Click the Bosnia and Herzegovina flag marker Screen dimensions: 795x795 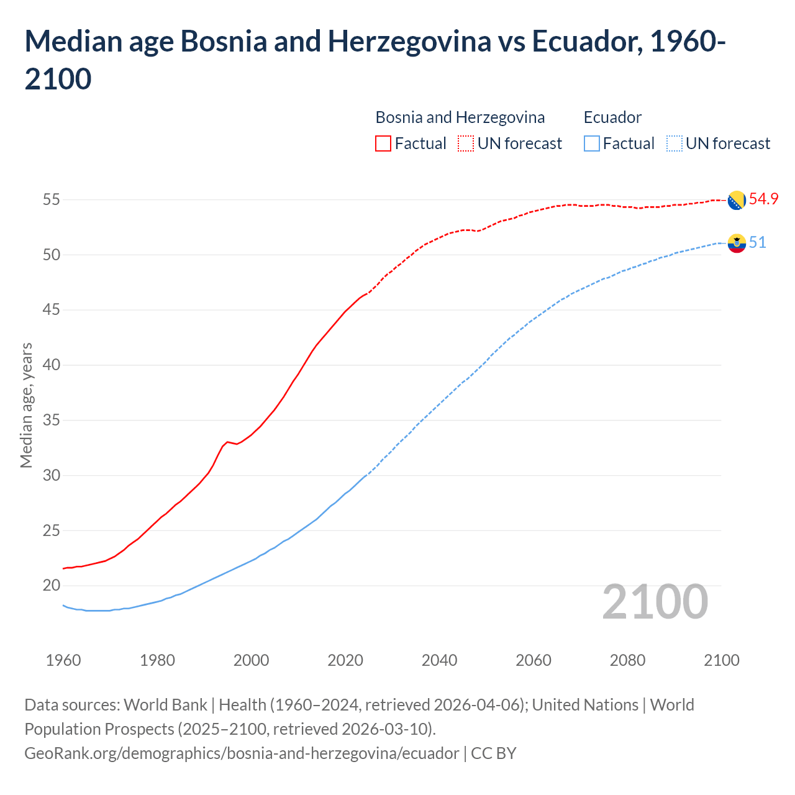(x=737, y=200)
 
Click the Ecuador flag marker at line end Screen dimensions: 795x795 (x=737, y=243)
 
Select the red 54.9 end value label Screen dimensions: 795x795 (x=763, y=199)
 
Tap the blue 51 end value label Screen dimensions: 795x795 (x=757, y=242)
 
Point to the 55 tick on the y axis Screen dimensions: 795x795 (x=51, y=200)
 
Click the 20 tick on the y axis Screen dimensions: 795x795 (x=51, y=586)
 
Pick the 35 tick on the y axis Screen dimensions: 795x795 (x=51, y=420)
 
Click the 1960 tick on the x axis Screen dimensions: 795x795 (x=63, y=660)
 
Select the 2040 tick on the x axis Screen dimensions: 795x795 (x=439, y=660)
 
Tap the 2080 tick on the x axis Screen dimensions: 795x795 (x=627, y=660)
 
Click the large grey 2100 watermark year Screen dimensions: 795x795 (x=655, y=602)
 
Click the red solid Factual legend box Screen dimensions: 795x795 (x=383, y=143)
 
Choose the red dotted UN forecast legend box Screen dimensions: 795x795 (x=466, y=143)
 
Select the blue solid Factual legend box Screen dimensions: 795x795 (x=592, y=143)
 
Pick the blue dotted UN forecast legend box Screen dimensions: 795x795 (x=674, y=143)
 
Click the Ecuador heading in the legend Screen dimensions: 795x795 (x=612, y=117)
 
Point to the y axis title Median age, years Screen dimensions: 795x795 (x=26, y=405)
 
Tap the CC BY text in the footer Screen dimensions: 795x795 (x=494, y=753)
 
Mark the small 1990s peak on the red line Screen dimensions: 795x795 (x=227, y=442)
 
